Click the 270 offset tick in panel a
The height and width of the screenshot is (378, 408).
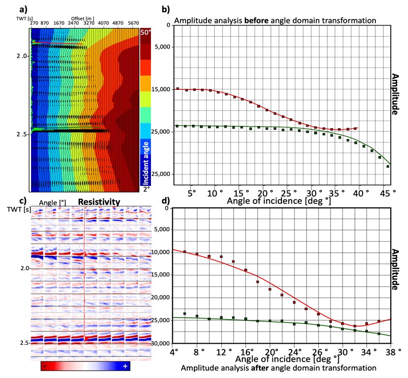34,23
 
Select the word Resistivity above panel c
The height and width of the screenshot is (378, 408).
99,202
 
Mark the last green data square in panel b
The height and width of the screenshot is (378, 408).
388,167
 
